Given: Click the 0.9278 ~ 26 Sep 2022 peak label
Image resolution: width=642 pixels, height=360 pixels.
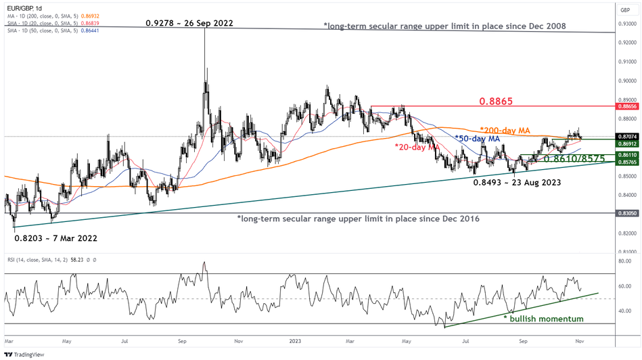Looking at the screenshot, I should coord(189,23).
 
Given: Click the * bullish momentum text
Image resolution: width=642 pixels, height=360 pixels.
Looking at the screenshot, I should coord(545,318).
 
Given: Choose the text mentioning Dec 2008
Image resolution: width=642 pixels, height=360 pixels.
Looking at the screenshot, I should coord(444,26).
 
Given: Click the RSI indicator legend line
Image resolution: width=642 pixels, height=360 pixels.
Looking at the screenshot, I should coord(51,258).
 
